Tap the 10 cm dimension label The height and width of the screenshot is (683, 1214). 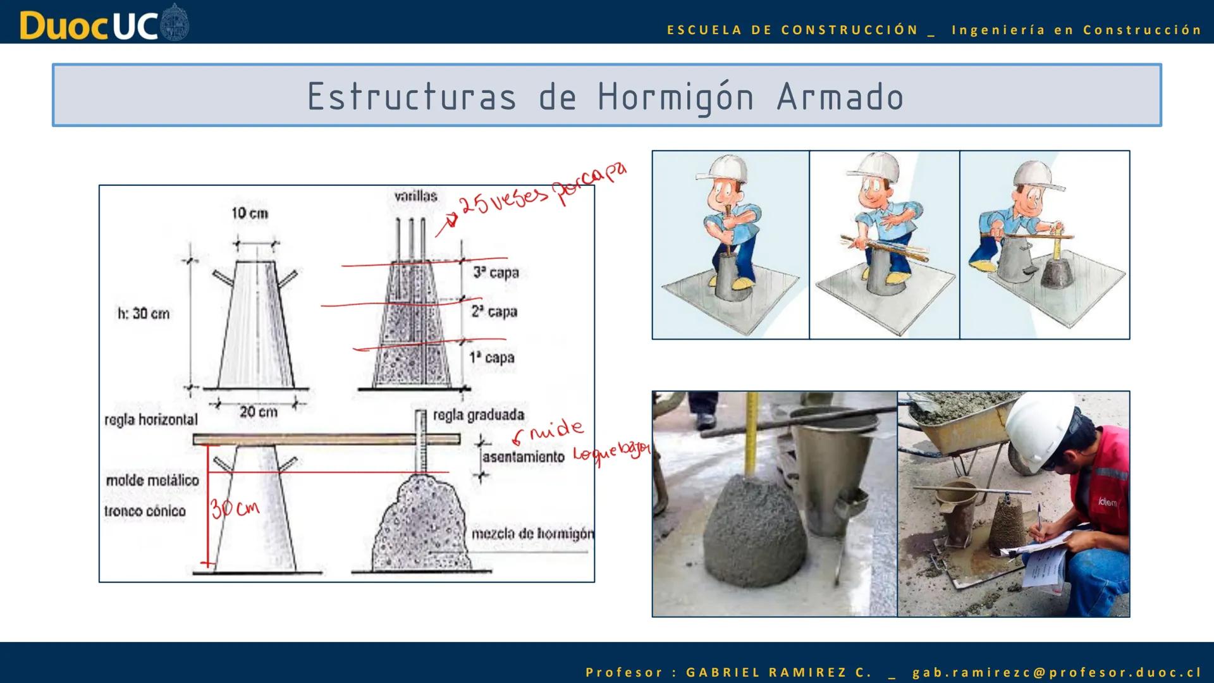pos(250,213)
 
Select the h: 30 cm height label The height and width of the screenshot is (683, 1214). pos(144,313)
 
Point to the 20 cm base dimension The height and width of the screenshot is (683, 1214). pos(258,412)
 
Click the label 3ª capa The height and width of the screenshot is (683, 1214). pos(496,273)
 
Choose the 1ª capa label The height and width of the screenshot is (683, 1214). pos(492,357)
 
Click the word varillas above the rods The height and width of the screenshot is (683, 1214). pos(415,196)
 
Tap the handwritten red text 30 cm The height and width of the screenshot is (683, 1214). pos(235,508)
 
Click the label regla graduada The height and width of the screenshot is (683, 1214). pos(479,415)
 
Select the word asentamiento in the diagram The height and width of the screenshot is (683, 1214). pos(523,457)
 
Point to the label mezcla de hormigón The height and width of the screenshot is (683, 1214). pos(532,534)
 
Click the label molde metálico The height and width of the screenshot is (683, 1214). pos(152,481)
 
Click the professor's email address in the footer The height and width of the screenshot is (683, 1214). pos(1057,672)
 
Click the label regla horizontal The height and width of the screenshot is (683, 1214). pos(151,419)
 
